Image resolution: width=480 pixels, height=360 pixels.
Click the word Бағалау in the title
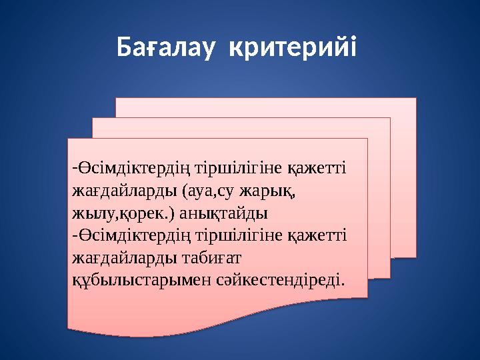point(167,47)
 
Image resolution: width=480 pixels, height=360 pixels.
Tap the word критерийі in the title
point(292,47)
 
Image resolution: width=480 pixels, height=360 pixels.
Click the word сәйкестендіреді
point(280,279)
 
